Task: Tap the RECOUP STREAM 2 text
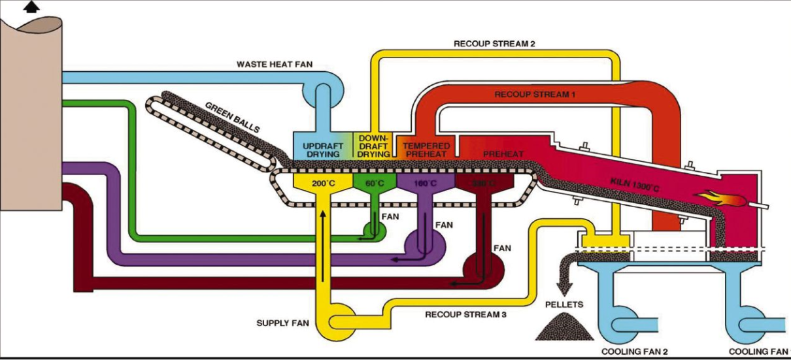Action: [495, 44]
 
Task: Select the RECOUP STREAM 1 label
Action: [535, 94]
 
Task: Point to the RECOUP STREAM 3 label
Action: [465, 314]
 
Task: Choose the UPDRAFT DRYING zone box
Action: [321, 146]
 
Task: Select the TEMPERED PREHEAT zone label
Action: [425, 149]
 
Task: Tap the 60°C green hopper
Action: [374, 184]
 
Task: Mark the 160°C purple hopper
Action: [425, 184]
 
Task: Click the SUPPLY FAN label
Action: [282, 323]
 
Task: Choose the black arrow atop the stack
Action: [31, 7]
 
